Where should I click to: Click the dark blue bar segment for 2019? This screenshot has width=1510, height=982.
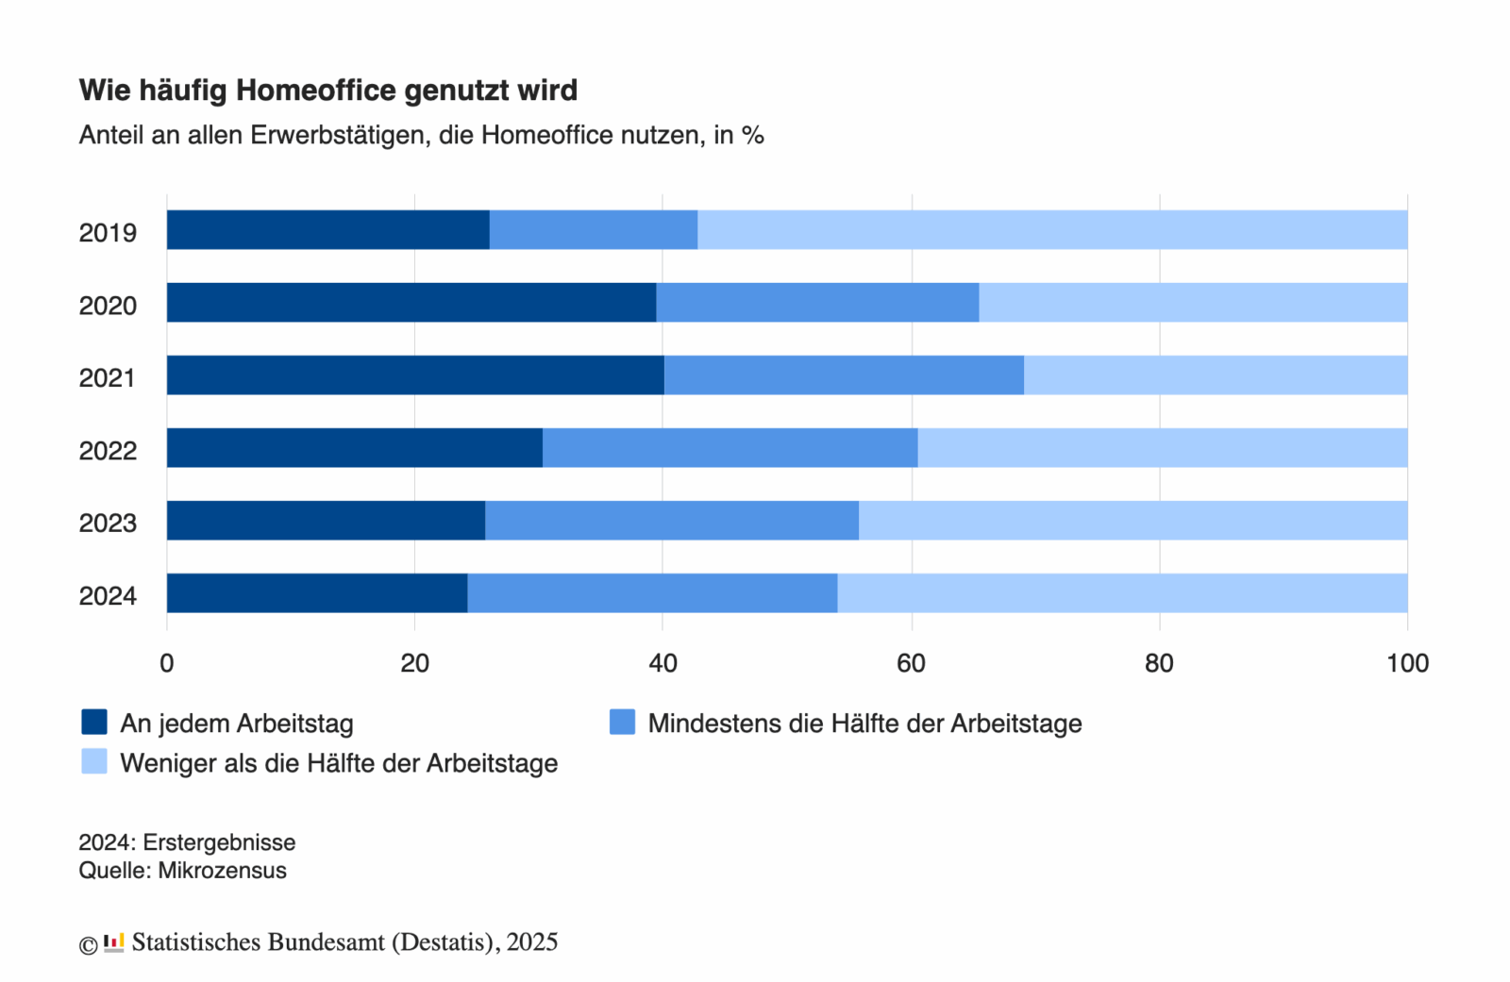(327, 230)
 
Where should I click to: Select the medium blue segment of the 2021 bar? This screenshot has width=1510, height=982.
(844, 375)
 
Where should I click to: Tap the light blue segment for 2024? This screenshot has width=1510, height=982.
(1122, 593)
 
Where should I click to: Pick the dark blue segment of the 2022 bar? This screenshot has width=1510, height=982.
(354, 448)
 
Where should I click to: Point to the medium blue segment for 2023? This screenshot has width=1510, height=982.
(671, 521)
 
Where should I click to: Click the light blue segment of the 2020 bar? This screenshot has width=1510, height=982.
(1193, 303)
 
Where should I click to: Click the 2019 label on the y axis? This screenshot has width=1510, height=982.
(108, 233)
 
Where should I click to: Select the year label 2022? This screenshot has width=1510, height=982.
(108, 451)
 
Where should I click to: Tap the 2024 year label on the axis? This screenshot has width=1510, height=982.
(108, 596)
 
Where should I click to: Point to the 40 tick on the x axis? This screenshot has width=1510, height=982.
(663, 663)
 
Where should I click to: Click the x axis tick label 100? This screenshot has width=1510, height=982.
(1407, 663)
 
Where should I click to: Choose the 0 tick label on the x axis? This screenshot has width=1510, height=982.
(167, 663)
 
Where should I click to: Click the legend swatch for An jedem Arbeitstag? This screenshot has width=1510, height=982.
(94, 722)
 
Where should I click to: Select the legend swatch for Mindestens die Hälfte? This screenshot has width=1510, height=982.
(622, 722)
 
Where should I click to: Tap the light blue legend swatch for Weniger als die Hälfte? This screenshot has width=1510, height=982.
(94, 761)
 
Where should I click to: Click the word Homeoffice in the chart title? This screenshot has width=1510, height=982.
(315, 91)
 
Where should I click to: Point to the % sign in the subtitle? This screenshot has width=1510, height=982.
(752, 136)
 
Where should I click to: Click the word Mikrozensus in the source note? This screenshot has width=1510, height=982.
(222, 871)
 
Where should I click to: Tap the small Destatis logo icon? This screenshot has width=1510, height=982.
(114, 942)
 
